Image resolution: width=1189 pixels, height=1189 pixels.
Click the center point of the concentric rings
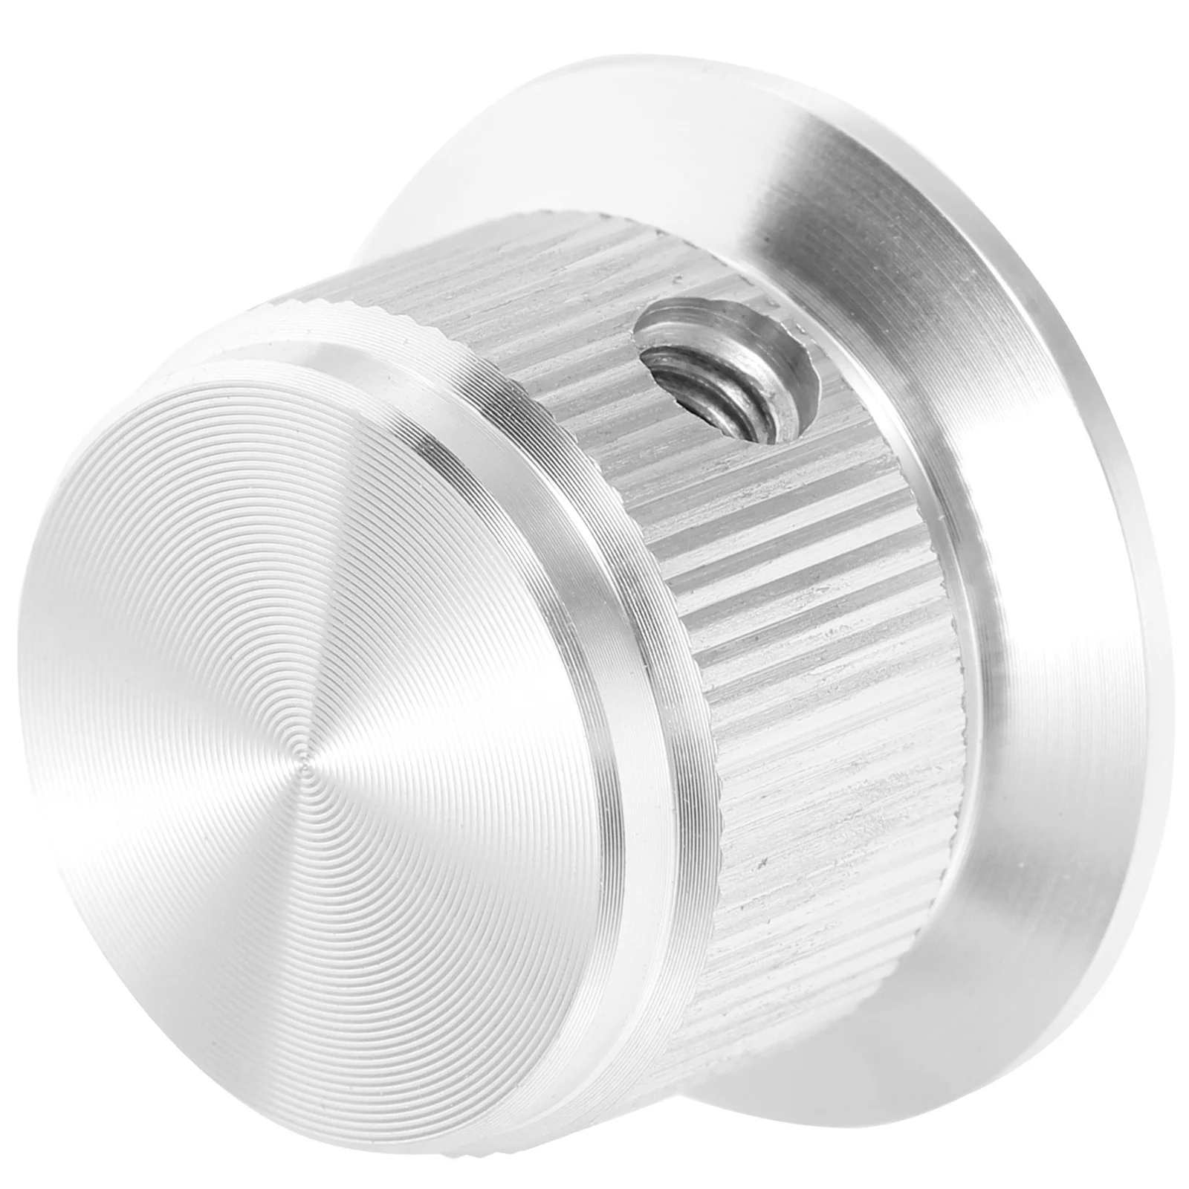pyautogui.click(x=302, y=755)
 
